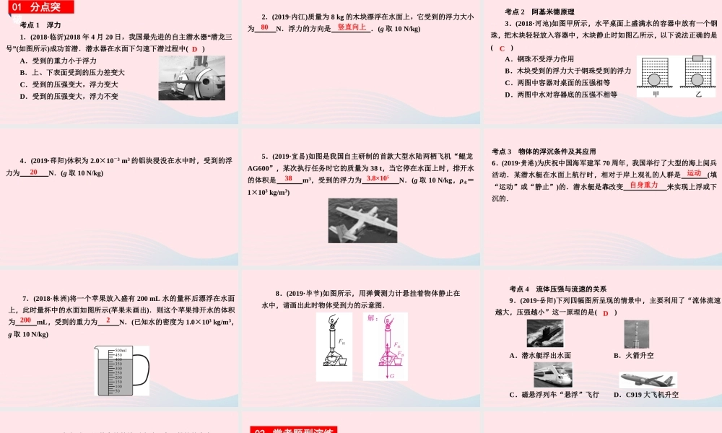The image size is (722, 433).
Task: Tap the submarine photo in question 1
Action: (x=192, y=78)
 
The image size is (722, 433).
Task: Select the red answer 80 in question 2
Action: (x=265, y=27)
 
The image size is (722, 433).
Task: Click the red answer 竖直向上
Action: (x=352, y=27)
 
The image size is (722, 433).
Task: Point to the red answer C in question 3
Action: (x=502, y=48)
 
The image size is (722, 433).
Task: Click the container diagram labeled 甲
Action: (x=656, y=76)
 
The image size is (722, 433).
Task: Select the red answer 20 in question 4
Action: (x=33, y=172)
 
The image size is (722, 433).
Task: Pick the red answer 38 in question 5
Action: (x=288, y=178)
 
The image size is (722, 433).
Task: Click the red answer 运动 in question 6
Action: (x=694, y=173)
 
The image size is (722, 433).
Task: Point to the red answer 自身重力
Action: (x=644, y=185)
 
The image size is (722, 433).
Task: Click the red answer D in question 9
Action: (x=606, y=312)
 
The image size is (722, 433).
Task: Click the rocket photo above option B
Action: (x=636, y=334)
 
